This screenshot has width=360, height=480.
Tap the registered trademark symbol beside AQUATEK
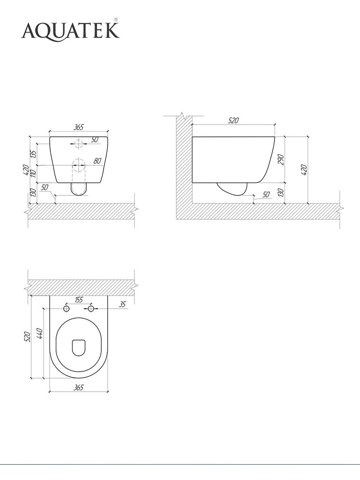tap(116, 20)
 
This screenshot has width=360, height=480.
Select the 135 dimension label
tap(34, 154)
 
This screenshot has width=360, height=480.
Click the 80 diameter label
tap(97, 161)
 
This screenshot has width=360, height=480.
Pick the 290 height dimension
tap(281, 160)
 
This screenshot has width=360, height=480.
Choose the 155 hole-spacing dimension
tap(79, 300)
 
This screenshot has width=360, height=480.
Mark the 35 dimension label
tap(122, 304)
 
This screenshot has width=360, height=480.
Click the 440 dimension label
tap(39, 334)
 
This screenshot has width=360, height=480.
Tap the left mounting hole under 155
tap(66, 309)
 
